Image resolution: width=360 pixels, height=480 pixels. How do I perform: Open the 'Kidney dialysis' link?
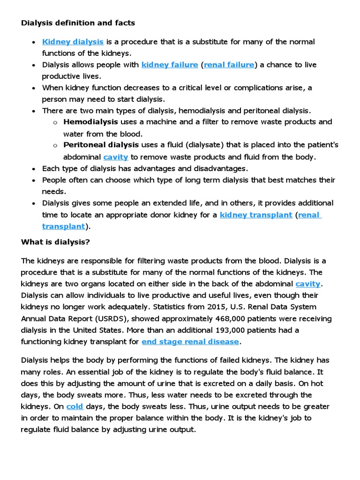tap(73, 42)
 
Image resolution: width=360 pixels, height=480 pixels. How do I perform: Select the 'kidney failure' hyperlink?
tap(170, 65)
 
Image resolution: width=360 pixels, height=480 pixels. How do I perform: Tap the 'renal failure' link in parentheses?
tap(229, 65)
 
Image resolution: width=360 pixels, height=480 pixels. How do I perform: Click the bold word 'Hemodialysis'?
tap(90, 122)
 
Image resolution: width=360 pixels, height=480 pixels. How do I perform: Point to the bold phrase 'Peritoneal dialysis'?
tap(101, 145)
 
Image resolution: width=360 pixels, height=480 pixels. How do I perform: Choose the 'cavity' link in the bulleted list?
tap(116, 157)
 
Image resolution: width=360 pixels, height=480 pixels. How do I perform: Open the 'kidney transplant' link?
tap(256, 215)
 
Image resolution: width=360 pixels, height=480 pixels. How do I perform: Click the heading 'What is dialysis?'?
tap(55, 242)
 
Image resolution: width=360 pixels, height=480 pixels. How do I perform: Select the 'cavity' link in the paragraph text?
tap(308, 284)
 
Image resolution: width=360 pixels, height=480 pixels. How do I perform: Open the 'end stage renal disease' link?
tap(190, 342)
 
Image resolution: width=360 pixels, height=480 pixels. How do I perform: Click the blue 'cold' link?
tap(75, 406)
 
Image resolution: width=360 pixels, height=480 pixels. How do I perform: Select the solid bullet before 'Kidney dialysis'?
tap(33, 42)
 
